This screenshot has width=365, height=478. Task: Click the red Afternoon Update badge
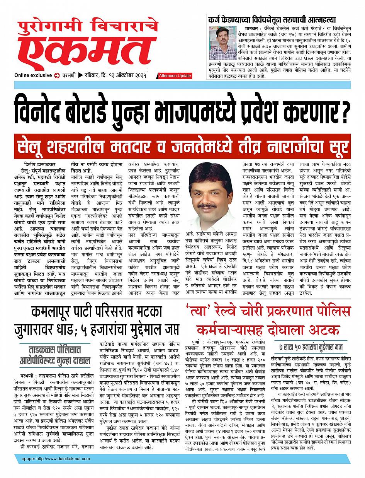175,76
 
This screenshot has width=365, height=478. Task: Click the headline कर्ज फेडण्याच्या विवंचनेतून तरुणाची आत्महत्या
272,19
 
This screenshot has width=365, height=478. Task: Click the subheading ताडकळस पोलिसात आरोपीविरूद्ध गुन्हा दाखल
55,356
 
